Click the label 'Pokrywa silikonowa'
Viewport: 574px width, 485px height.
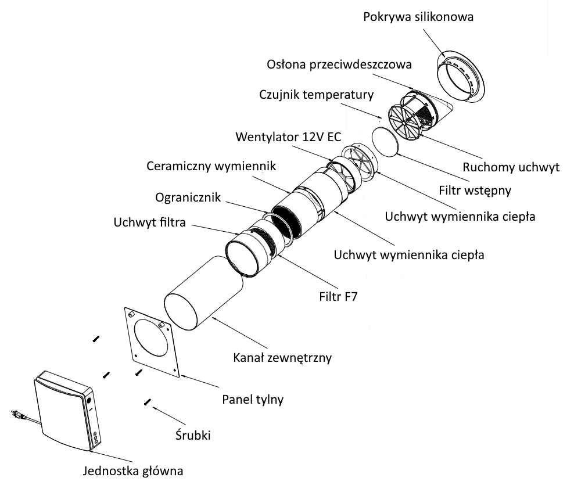click(x=418, y=17)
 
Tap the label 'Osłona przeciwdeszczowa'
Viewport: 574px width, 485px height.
click(x=340, y=64)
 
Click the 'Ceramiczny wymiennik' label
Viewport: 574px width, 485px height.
click(x=210, y=166)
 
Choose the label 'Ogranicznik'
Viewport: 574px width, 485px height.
click(x=188, y=197)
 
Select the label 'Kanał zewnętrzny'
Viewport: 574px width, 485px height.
click(x=282, y=357)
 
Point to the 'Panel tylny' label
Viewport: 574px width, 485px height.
click(x=253, y=400)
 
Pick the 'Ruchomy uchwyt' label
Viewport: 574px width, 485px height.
click(x=511, y=167)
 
